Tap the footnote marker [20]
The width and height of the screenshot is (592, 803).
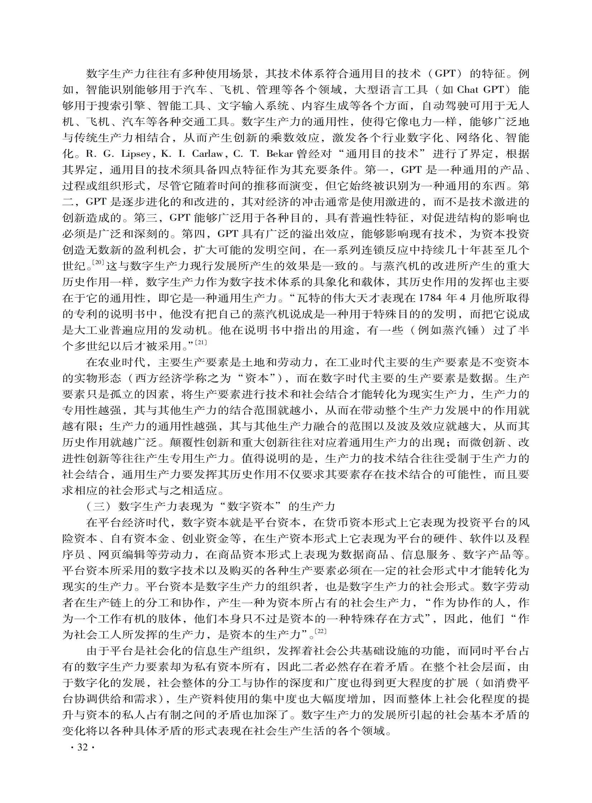coord(98,263)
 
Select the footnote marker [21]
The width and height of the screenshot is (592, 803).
coord(201,342)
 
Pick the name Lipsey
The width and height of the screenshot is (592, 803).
coord(136,154)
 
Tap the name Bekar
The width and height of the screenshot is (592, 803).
coord(280,154)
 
